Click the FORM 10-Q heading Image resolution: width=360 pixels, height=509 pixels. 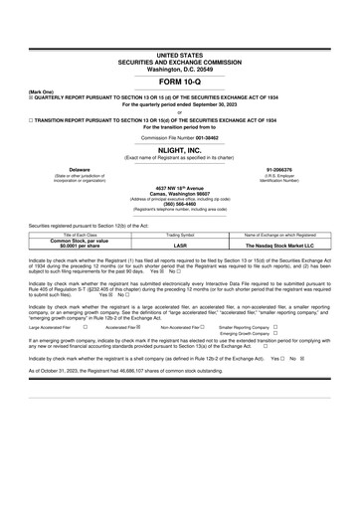180,83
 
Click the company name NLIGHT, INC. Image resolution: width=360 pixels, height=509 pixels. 180,149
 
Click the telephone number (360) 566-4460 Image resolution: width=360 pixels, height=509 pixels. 180,204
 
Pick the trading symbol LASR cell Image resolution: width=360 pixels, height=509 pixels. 180,244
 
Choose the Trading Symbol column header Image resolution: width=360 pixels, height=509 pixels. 180,234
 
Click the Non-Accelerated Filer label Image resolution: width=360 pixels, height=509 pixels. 182,326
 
